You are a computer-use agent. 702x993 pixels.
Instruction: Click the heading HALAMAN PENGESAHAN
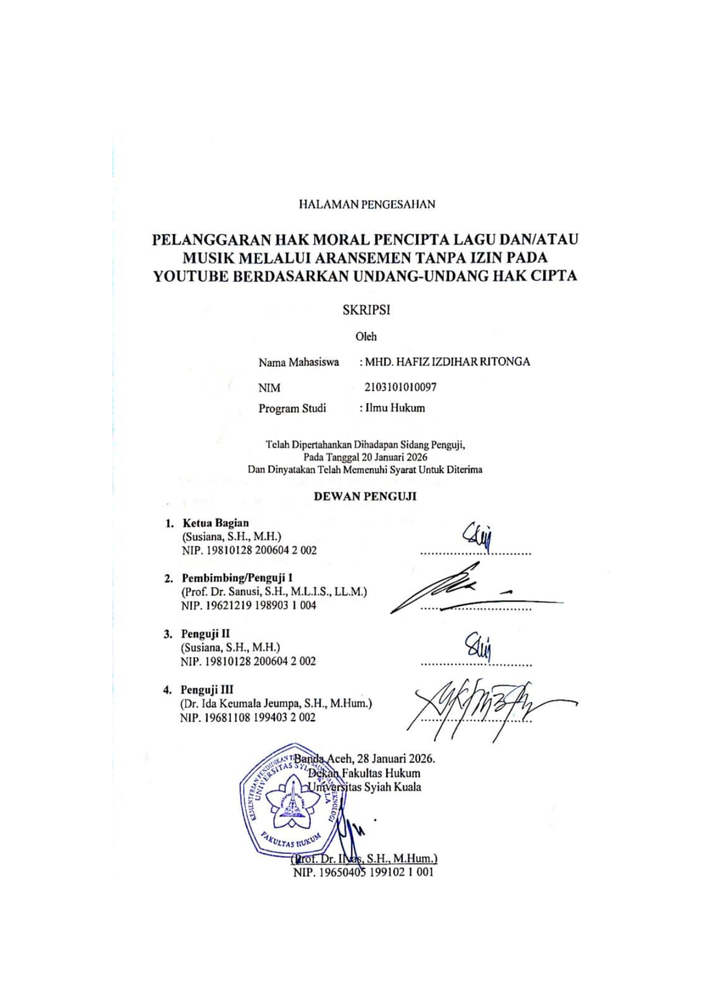click(367, 204)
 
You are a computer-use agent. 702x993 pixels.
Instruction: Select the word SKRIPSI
click(367, 310)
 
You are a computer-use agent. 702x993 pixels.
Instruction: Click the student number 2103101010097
click(400, 387)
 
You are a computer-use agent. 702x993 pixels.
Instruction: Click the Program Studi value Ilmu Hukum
click(395, 408)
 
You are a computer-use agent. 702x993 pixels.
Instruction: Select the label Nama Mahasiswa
click(299, 362)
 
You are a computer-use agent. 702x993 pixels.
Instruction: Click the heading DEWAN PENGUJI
click(365, 496)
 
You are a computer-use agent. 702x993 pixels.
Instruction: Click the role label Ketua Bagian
click(216, 523)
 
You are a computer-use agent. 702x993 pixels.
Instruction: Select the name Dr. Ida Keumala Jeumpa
click(244, 703)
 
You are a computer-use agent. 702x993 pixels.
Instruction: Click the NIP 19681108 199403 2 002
click(248, 717)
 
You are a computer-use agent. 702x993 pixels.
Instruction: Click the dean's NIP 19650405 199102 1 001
click(363, 872)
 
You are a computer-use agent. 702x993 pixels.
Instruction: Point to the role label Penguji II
click(205, 634)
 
